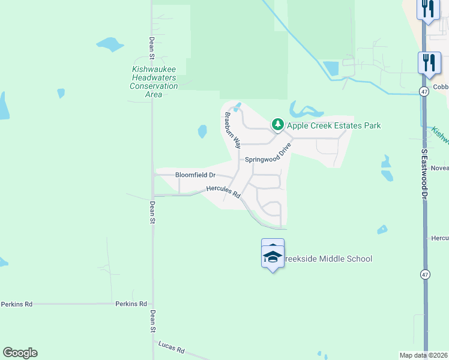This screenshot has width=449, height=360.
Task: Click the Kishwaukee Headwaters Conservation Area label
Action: click(154, 82)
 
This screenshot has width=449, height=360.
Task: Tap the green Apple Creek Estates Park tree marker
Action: click(277, 124)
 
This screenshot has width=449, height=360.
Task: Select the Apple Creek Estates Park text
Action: click(333, 125)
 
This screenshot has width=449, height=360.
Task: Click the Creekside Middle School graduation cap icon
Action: click(273, 257)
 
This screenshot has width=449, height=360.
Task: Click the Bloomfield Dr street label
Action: click(195, 175)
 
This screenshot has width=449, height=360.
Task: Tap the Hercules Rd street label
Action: click(223, 192)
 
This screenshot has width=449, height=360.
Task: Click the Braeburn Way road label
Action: click(232, 130)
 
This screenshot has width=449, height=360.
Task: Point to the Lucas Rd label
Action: click(172, 347)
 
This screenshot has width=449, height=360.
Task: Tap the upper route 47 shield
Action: click(424, 91)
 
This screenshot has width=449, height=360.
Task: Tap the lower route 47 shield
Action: click(425, 274)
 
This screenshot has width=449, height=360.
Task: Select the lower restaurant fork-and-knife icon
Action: click(429, 62)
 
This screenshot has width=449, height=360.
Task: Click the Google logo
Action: click(20, 353)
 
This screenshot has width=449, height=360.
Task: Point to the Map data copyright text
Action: click(423, 355)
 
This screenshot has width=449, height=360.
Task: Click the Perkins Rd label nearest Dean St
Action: click(131, 304)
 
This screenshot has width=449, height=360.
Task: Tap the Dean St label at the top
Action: click(152, 49)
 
